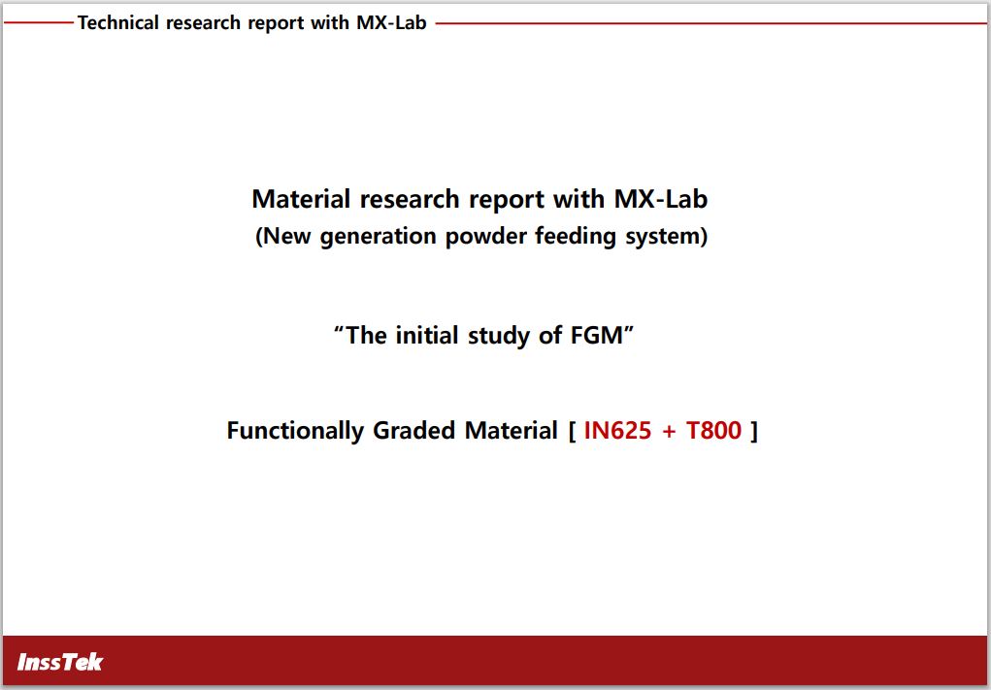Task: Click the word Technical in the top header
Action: [x=118, y=22]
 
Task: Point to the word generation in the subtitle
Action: [x=378, y=237]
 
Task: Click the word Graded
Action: [x=414, y=430]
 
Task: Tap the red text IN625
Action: [x=617, y=430]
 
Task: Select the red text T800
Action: [x=713, y=430]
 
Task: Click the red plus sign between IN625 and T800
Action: [x=669, y=432]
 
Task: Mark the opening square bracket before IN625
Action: [x=572, y=432]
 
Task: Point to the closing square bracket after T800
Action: [x=753, y=432]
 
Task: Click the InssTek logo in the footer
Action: [x=60, y=662]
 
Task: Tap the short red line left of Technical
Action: [x=39, y=23]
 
